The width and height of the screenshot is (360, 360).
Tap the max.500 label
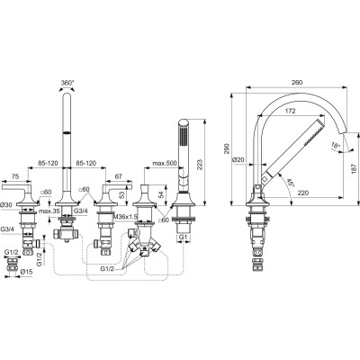point(165,165)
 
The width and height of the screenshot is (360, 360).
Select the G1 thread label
point(183,238)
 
